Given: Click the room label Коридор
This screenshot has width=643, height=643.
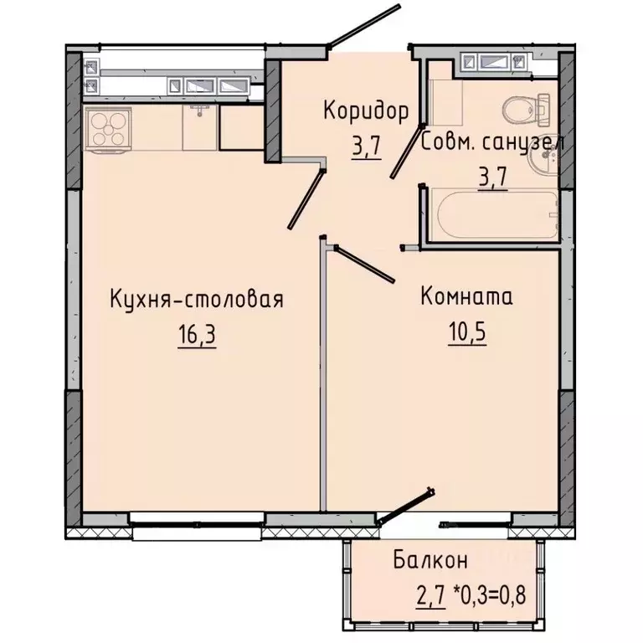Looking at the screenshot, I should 367,111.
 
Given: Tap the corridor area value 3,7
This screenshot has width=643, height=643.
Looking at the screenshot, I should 367,147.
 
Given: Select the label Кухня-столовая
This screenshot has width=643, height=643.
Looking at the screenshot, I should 197,300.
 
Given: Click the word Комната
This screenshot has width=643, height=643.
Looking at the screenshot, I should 466,296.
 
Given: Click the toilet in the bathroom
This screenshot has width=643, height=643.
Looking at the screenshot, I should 525,108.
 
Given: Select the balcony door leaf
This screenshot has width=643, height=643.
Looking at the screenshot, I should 406,506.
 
